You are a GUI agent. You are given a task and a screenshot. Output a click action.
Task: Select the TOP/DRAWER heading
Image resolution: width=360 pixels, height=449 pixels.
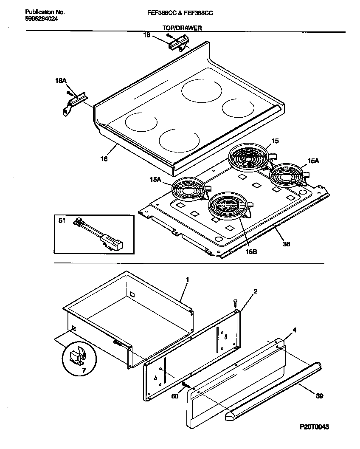click(182, 28)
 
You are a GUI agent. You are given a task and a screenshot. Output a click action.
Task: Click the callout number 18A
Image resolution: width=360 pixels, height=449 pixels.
click(61, 80)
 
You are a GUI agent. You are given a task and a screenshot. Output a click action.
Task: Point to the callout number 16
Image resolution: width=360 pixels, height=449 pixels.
click(104, 159)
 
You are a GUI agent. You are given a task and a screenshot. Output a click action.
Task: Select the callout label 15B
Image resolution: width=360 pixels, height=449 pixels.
click(251, 251)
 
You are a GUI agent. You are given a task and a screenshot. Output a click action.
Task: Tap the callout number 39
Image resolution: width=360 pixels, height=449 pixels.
click(320, 396)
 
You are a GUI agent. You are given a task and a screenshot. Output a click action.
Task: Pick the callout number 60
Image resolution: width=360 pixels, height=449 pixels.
click(174, 396)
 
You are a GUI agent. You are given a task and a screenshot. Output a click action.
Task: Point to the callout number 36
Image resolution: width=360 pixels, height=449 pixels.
click(287, 244)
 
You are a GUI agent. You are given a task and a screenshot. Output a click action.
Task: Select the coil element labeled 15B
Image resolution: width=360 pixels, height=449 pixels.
click(228, 206)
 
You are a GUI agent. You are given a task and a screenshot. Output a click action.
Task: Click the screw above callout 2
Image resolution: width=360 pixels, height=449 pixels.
click(235, 302)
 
